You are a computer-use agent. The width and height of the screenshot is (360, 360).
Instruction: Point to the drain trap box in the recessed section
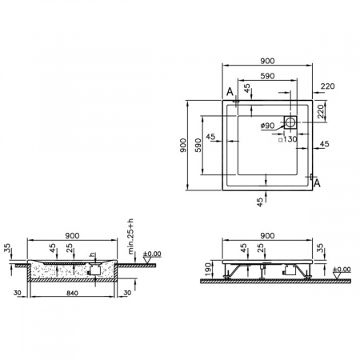94,270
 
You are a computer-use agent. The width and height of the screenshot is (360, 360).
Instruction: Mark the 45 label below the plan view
260,202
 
